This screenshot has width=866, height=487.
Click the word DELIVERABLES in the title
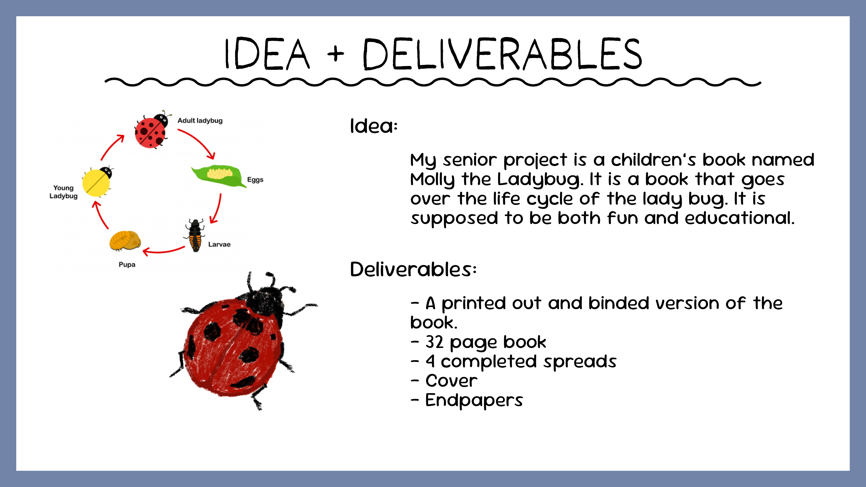(503, 54)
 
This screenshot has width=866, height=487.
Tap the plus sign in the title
(336, 54)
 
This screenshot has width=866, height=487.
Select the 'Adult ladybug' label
(200, 121)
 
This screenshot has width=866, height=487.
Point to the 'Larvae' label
(219, 244)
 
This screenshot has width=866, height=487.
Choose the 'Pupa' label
(127, 264)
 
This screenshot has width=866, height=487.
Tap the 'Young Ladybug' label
(64, 192)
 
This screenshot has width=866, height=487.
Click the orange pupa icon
(125, 240)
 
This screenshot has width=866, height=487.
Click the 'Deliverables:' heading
(413, 270)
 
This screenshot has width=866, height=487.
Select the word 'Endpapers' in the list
(474, 400)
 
